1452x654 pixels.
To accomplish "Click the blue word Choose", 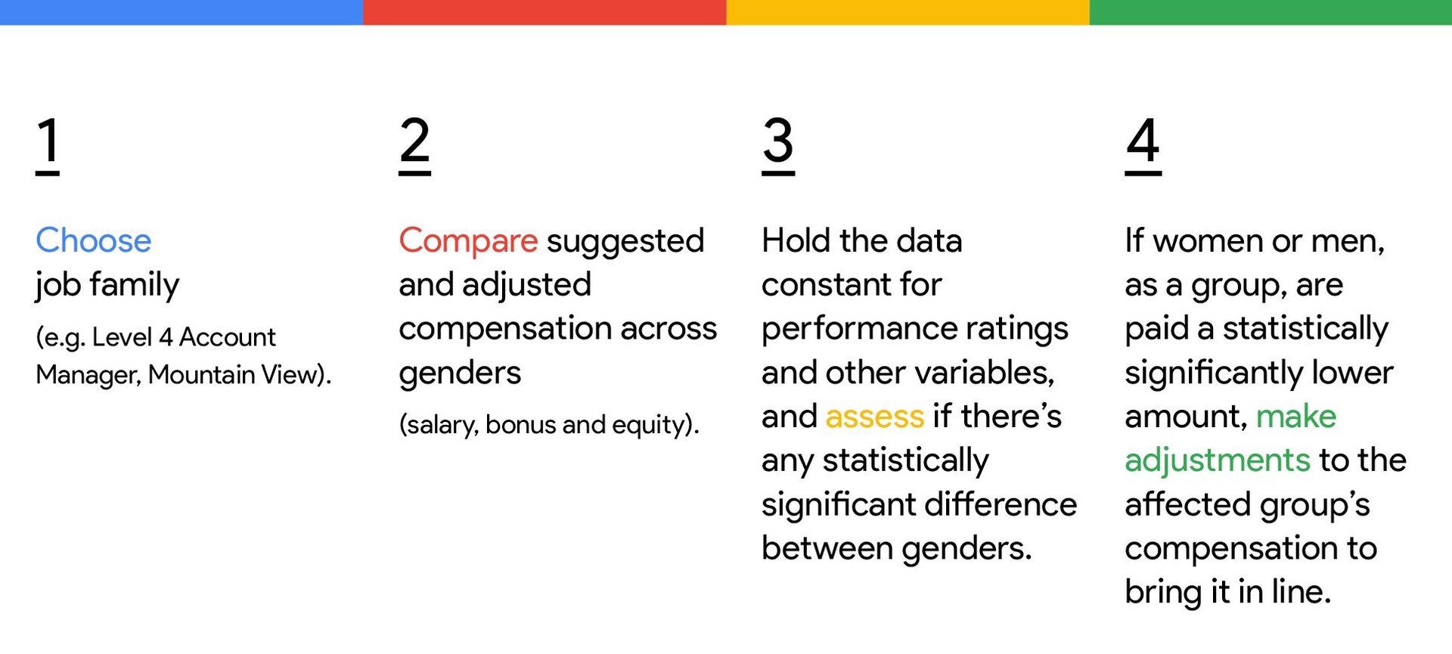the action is (x=94, y=240).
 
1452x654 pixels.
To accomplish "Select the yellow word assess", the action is (x=875, y=417).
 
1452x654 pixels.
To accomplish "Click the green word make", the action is (x=1296, y=416).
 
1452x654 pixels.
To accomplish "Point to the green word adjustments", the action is (x=1218, y=460).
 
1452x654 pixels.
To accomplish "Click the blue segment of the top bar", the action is (x=181, y=12).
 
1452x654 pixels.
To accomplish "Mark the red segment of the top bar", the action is (x=544, y=12).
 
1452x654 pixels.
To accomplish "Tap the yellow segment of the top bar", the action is (x=907, y=12).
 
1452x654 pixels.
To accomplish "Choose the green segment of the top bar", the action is (x=1270, y=12).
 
